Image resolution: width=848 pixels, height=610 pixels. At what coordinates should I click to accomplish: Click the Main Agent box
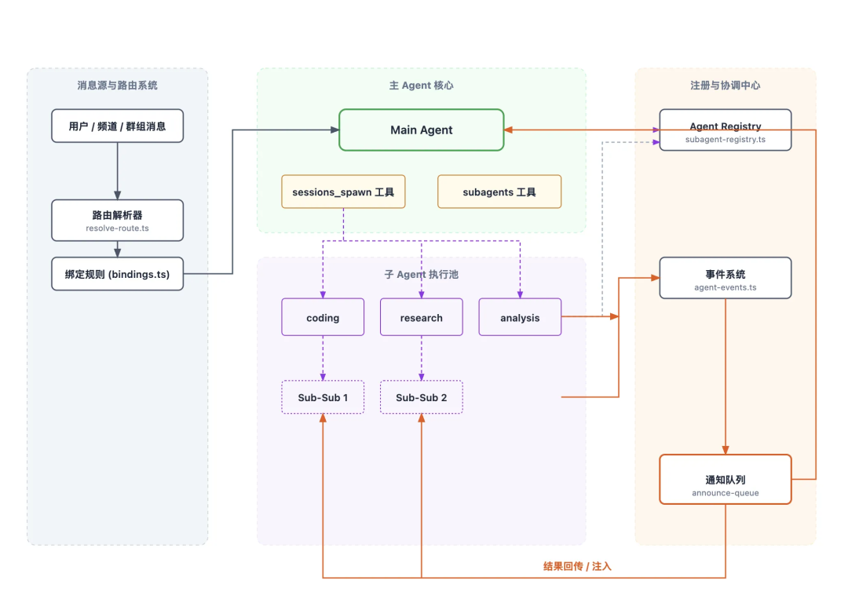(x=421, y=130)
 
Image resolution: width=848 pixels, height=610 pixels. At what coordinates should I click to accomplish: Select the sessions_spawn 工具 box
(x=343, y=192)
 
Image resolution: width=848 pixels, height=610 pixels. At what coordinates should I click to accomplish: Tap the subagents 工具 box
(x=499, y=192)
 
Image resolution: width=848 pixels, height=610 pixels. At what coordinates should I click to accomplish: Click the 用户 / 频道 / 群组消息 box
(x=117, y=126)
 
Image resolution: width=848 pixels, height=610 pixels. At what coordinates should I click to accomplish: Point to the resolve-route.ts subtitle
(x=117, y=228)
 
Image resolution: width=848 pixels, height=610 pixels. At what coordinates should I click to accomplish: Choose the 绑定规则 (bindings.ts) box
(x=117, y=274)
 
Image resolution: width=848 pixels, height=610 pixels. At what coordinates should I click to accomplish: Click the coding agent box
(x=323, y=317)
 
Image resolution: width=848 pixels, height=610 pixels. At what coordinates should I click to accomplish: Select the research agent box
(x=421, y=317)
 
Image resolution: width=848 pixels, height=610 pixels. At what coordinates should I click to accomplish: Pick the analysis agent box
(x=520, y=317)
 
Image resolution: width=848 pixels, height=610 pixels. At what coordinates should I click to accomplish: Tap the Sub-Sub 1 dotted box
(x=323, y=397)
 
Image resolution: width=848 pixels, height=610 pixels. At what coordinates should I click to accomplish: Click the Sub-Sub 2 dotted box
(x=421, y=397)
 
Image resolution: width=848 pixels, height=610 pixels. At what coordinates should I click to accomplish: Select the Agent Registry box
(x=725, y=130)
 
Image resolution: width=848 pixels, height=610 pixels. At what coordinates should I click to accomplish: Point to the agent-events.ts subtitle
(x=725, y=287)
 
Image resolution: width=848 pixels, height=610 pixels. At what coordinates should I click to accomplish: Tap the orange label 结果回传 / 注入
(x=577, y=565)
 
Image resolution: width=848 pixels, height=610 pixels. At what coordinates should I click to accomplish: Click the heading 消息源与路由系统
(x=117, y=85)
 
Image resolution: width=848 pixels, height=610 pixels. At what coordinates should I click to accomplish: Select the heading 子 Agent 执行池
(x=421, y=275)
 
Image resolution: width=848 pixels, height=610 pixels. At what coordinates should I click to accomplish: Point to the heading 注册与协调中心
(x=725, y=85)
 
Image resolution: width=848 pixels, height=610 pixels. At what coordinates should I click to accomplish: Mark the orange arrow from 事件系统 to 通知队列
(x=725, y=377)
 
